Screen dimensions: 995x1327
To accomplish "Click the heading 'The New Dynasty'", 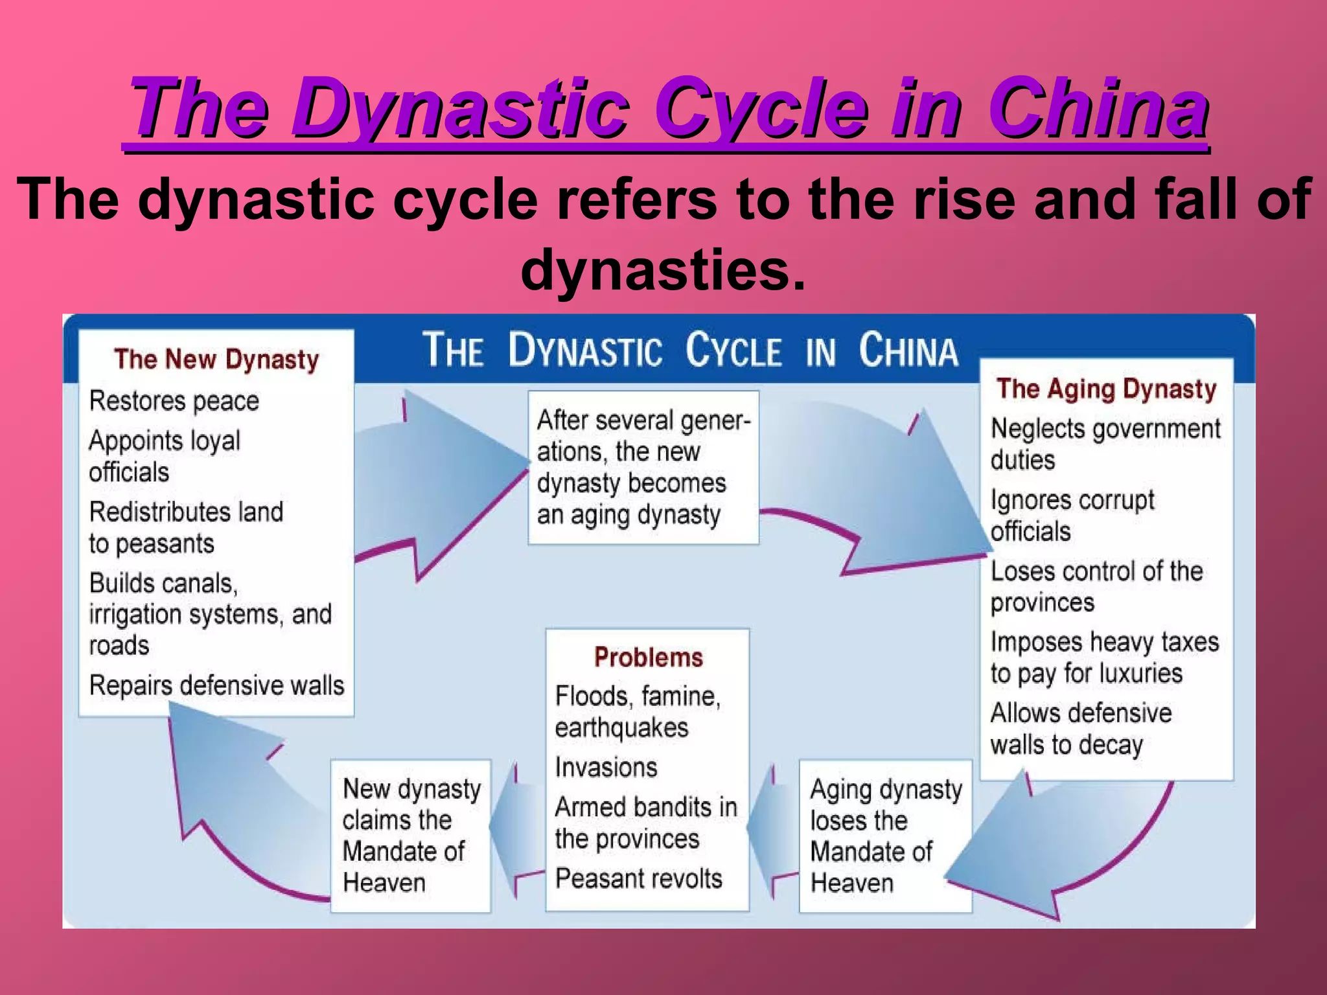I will click(x=216, y=360).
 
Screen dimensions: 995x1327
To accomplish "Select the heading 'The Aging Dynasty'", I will click(x=1106, y=389).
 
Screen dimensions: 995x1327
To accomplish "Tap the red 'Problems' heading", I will click(x=648, y=658).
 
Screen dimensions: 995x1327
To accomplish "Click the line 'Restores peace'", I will click(x=174, y=401).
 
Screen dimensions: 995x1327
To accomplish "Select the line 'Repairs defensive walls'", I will click(x=216, y=685).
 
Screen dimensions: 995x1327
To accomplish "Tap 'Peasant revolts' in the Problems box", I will click(x=638, y=879).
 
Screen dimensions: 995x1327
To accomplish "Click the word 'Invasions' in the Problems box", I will click(x=606, y=768).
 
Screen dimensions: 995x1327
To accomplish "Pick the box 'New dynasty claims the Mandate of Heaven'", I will click(x=411, y=836).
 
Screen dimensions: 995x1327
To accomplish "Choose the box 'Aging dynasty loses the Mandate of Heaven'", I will click(x=884, y=836).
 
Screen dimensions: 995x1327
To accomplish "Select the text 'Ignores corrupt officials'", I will click(x=1072, y=516).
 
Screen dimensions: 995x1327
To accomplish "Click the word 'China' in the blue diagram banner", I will click(x=908, y=350).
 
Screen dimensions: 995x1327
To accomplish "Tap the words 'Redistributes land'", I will click(x=186, y=512).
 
